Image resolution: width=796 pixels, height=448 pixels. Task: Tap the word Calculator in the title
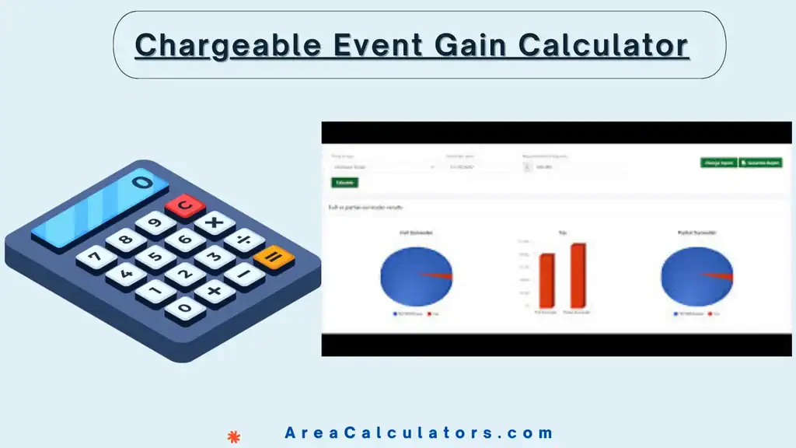pyautogui.click(x=603, y=45)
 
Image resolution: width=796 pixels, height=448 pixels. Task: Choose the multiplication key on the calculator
pyautogui.click(x=215, y=223)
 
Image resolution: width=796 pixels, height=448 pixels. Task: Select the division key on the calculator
pyautogui.click(x=246, y=240)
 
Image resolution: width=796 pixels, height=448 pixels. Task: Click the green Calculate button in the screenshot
pyautogui.click(x=344, y=182)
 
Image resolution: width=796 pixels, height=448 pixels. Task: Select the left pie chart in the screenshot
pyautogui.click(x=416, y=276)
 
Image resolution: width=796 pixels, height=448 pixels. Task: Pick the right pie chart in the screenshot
pyautogui.click(x=696, y=277)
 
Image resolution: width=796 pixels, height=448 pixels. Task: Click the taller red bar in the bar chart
pyautogui.click(x=578, y=275)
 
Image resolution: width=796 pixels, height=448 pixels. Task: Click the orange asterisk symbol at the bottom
pyautogui.click(x=232, y=436)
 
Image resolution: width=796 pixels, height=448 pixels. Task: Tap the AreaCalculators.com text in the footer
pyautogui.click(x=418, y=433)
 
